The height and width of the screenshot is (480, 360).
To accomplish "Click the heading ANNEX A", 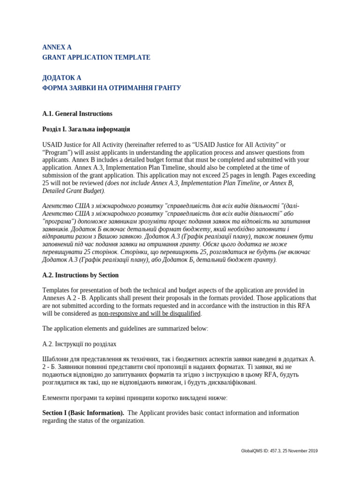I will coord(57,47).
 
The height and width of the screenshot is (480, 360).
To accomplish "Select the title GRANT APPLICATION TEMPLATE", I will coord(96,58).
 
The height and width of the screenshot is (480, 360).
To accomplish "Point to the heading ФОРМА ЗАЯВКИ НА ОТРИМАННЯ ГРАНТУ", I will coord(112,88).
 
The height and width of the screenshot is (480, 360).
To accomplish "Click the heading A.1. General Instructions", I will coord(77,114).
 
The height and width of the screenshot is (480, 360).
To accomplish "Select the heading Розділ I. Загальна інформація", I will coord(86,129).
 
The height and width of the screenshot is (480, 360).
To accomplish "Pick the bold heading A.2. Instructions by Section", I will coord(80,275).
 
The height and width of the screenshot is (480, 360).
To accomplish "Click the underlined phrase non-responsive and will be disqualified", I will coord(149,314).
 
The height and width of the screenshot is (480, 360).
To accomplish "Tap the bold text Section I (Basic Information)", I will coord(83,413).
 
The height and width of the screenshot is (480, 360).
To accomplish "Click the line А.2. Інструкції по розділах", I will coord(79,344).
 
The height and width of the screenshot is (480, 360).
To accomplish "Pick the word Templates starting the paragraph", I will coord(56,291).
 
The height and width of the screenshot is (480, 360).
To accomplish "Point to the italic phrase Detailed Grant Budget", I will coord(73,191).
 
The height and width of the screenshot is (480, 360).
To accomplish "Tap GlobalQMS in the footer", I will coord(251,451).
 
